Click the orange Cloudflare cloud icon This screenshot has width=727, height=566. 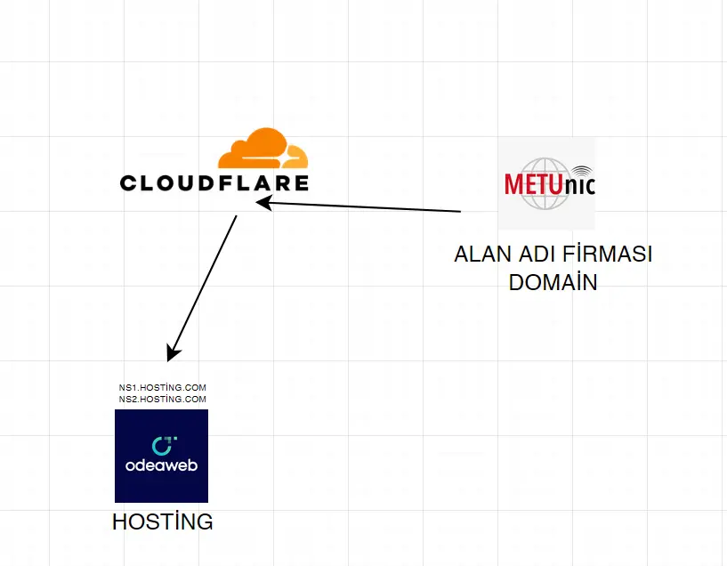click(263, 149)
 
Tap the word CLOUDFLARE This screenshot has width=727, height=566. click(214, 183)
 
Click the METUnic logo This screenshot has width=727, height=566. click(546, 183)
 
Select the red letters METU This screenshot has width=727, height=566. click(533, 184)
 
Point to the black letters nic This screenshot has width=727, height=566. click(578, 185)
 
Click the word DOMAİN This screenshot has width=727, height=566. click(553, 282)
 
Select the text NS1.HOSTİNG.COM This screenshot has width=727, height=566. click(162, 387)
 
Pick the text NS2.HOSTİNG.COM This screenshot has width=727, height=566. click(162, 399)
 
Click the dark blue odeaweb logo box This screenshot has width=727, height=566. click(161, 456)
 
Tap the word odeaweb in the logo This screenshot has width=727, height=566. click(161, 465)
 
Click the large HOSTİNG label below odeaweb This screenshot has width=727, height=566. click(162, 522)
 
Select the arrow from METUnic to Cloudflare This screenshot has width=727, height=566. click(359, 206)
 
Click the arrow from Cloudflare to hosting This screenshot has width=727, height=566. click(202, 288)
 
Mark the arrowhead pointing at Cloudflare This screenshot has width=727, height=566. click(263, 203)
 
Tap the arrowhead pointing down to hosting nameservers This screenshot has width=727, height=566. click(172, 352)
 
